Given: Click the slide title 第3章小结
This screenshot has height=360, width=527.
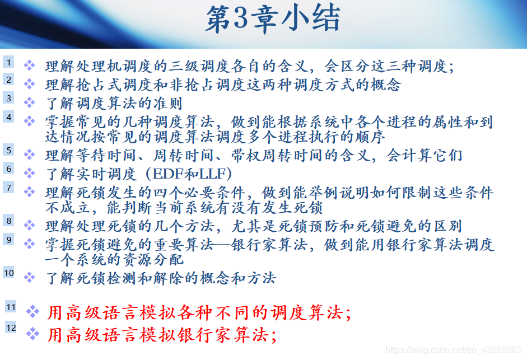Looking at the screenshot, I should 272,20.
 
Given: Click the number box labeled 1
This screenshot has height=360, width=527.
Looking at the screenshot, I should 9,62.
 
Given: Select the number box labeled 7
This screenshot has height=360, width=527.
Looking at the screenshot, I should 9,187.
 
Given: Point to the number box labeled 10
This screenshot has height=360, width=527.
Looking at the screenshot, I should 9,273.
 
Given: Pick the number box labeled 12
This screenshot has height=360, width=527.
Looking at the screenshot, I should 11,328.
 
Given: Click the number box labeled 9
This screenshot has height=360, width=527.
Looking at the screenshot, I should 9,239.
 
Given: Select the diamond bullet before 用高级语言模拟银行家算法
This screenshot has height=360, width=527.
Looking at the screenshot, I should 33,334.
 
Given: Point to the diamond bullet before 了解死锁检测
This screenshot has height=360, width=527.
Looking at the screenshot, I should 30,277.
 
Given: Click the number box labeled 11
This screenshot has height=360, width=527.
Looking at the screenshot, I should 11,307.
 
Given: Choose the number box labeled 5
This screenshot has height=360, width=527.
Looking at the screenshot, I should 9,150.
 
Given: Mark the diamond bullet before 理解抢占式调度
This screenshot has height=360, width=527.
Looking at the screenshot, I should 30,85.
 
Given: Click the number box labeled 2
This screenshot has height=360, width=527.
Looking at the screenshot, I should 9,80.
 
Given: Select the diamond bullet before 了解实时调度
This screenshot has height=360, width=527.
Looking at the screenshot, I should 30,174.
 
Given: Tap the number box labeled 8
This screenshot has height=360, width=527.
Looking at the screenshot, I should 9,221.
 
